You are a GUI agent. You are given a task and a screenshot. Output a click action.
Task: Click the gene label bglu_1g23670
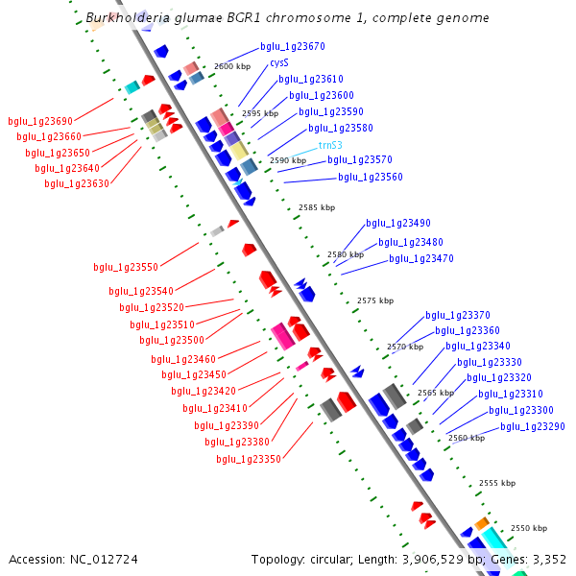[292, 46]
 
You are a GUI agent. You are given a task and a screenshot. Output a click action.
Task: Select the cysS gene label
[278, 62]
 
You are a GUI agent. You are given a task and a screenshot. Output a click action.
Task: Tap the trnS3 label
[330, 145]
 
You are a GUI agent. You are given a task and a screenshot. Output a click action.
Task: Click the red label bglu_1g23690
[40, 121]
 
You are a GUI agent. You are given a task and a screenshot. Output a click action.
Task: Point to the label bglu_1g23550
[126, 267]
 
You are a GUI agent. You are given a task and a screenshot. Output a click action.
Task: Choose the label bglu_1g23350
[249, 459]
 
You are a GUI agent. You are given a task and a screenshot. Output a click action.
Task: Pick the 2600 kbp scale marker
[231, 66]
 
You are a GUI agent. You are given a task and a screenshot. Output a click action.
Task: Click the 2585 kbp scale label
[317, 207]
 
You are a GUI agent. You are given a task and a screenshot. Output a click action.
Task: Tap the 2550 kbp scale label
[528, 528]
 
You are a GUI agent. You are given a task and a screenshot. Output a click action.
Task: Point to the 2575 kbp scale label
[375, 300]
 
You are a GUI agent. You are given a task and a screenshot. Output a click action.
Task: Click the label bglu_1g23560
[371, 177]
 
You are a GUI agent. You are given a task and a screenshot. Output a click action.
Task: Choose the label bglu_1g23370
[458, 315]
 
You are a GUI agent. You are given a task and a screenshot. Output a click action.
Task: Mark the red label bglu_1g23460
[183, 359]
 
